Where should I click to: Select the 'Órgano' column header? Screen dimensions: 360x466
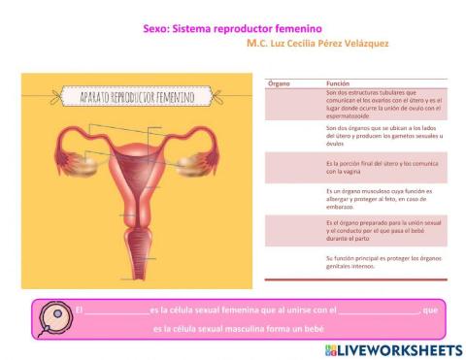279,84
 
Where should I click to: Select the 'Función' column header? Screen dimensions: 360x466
338,84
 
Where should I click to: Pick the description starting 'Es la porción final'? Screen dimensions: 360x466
383,167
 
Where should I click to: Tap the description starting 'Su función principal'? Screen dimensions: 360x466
383,261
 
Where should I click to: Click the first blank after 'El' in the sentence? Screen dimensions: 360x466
117,311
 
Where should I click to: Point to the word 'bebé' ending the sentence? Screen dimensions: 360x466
311,329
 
